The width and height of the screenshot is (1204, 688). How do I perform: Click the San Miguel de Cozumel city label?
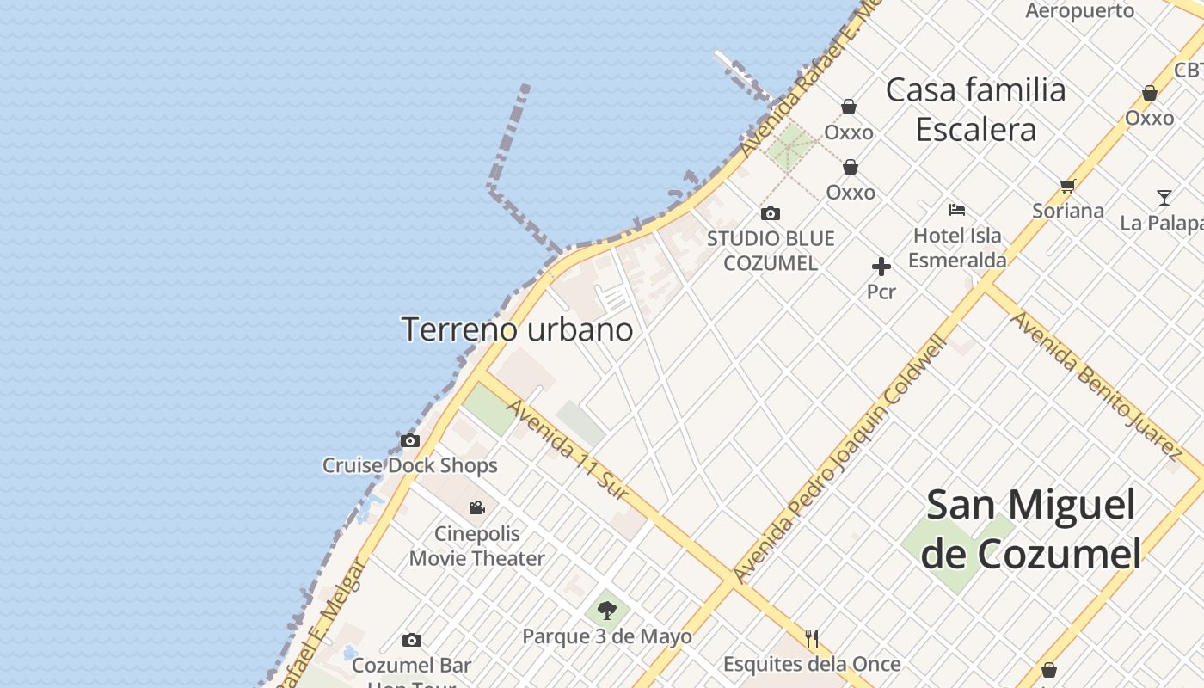1031,529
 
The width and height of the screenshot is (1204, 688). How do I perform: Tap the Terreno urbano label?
517,329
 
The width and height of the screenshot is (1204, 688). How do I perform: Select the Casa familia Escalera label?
975,109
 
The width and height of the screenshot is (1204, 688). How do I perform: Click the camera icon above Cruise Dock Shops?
410,441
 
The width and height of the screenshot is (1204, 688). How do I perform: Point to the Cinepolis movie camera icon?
476,508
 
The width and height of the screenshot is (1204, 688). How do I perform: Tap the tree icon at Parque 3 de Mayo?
607,611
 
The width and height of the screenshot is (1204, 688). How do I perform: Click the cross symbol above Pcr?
881,267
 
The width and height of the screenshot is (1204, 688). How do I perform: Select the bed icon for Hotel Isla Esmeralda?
957,210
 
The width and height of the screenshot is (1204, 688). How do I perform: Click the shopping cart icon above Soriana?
1068,186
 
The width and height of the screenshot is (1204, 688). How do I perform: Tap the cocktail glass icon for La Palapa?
1164,198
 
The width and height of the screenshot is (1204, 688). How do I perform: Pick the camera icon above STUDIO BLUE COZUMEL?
771,214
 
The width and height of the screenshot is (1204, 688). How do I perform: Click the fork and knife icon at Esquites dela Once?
812,638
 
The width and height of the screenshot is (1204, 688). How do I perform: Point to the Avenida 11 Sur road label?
568,450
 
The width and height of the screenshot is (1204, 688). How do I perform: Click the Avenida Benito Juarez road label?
1096,384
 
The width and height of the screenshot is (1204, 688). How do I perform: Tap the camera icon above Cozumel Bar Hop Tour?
412,641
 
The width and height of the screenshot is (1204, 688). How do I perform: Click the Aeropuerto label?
1080,10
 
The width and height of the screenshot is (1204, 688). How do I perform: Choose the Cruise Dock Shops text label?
410,466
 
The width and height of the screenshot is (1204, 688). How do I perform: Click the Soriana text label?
1068,211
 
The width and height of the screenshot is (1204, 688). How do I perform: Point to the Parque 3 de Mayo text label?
607,637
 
